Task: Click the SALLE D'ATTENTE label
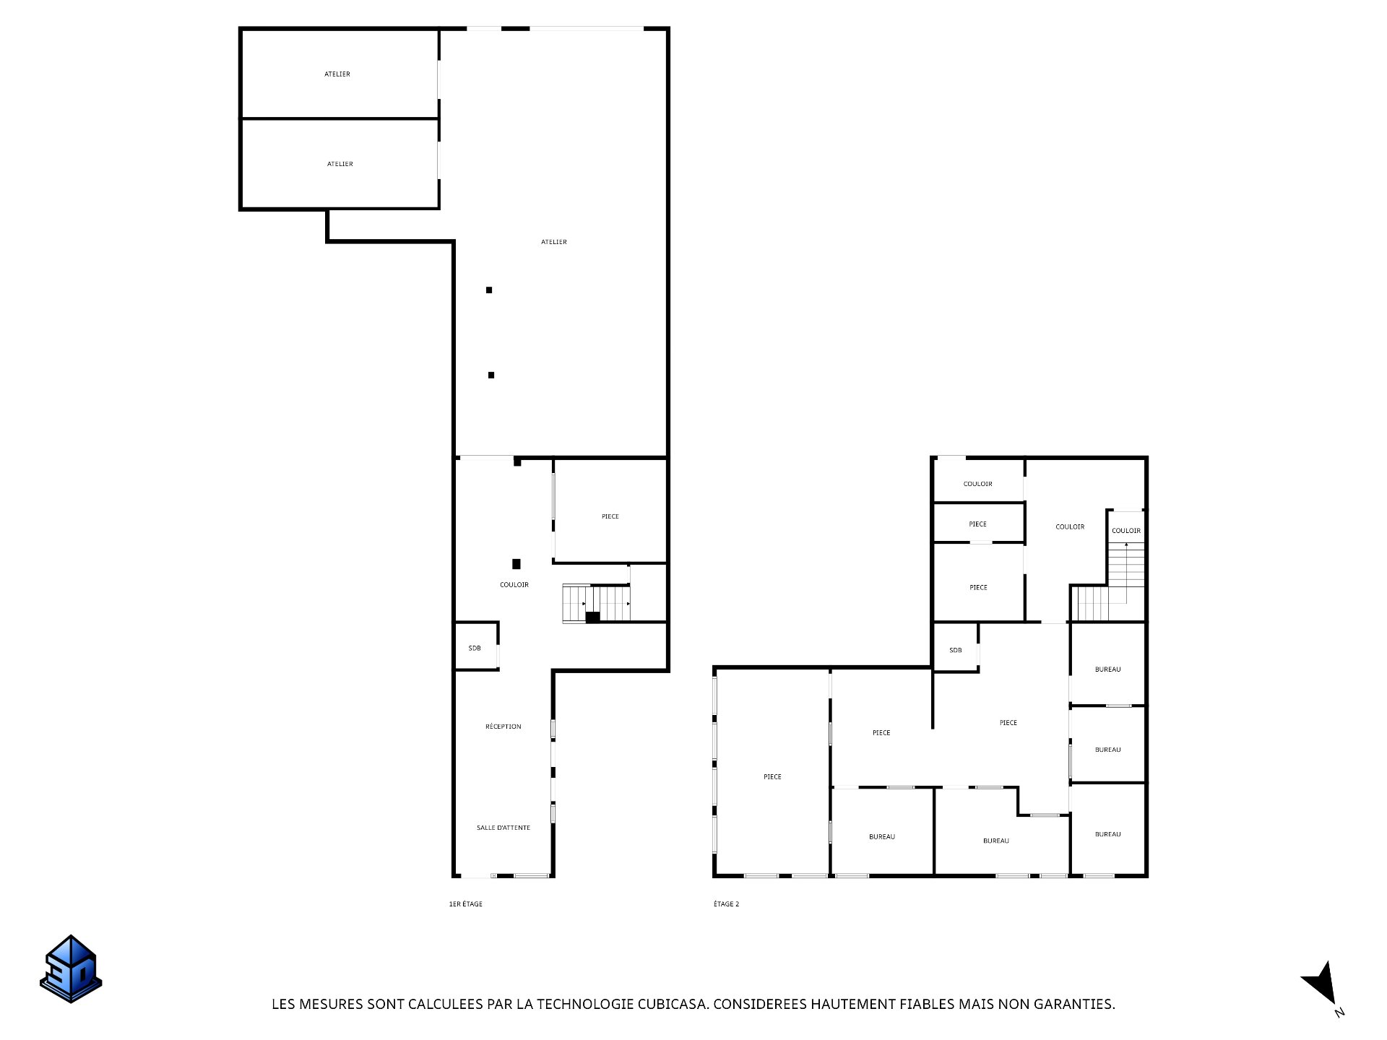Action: tap(504, 828)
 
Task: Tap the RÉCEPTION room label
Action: tap(504, 727)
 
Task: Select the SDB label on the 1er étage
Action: tap(475, 649)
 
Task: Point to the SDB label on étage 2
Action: tap(956, 650)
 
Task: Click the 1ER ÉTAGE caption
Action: tap(466, 904)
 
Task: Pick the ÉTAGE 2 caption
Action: tap(727, 904)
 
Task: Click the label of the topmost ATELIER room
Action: tap(337, 74)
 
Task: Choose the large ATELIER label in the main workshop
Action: tap(554, 242)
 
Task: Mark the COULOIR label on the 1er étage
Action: tap(514, 585)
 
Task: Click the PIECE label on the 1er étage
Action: tap(610, 516)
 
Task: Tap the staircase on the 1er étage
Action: tap(597, 604)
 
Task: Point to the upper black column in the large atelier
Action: tap(489, 290)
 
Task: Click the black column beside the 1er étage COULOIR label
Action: tap(517, 564)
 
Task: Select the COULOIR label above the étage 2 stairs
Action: tap(1126, 531)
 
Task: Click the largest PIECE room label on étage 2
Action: tap(772, 777)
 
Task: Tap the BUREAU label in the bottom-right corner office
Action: tap(1108, 834)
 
